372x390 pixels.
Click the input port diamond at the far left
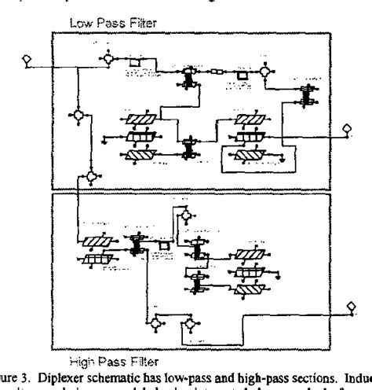point(26,60)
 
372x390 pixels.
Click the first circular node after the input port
point(107,59)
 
